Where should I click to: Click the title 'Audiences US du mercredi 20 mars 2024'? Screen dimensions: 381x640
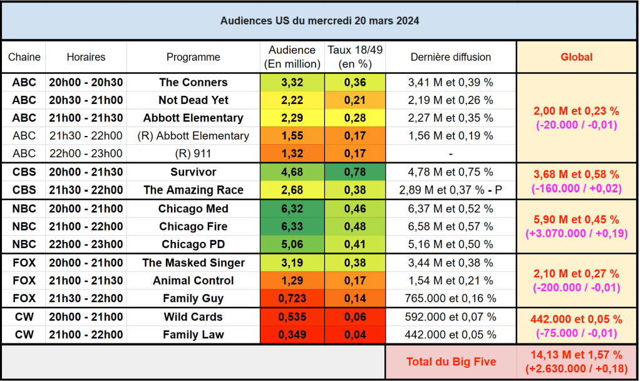pyautogui.click(x=319, y=21)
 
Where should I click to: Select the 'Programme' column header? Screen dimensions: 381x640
pyautogui.click(x=193, y=57)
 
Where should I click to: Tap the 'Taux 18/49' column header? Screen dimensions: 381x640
pyautogui.click(x=354, y=57)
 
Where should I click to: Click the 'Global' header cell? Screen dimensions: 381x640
pyautogui.click(x=576, y=57)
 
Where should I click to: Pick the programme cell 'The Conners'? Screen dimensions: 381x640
pyautogui.click(x=193, y=82)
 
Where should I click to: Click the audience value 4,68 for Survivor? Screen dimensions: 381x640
pyautogui.click(x=292, y=172)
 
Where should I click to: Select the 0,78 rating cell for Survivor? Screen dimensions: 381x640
pyautogui.click(x=354, y=172)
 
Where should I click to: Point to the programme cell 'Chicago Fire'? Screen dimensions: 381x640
pyautogui.click(x=193, y=226)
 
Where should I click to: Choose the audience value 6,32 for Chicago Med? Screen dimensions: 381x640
pyautogui.click(x=292, y=209)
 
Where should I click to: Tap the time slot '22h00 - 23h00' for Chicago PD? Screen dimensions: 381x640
pyautogui.click(x=86, y=244)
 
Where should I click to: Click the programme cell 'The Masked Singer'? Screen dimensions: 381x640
pyautogui.click(x=193, y=263)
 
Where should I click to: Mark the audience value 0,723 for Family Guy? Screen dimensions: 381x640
pyautogui.click(x=292, y=298)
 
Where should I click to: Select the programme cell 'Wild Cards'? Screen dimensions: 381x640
pyautogui.click(x=193, y=316)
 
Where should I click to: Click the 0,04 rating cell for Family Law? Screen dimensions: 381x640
pyautogui.click(x=354, y=335)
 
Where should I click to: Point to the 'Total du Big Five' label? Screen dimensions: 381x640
pyautogui.click(x=451, y=362)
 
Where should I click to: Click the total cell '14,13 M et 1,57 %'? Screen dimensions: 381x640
pyautogui.click(x=576, y=355)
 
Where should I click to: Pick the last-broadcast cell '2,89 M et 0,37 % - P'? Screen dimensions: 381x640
pyautogui.click(x=451, y=190)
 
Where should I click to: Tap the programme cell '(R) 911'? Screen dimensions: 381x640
pyautogui.click(x=193, y=154)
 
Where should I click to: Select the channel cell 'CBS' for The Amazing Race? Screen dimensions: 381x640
pyautogui.click(x=24, y=190)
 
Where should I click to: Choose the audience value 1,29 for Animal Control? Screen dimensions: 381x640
pyautogui.click(x=292, y=281)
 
